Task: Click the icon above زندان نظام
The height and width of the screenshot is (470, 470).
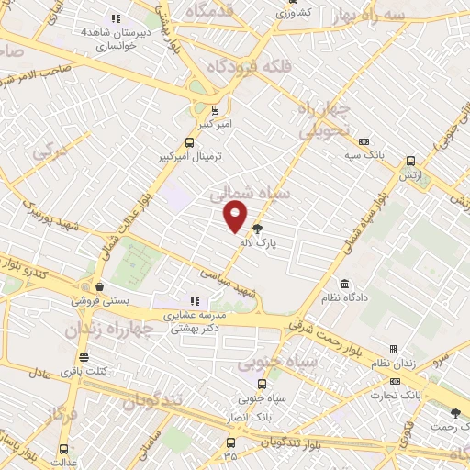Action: pos(394,350)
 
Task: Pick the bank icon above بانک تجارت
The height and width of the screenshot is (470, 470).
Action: pos(396,381)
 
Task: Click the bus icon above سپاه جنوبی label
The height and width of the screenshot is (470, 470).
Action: pos(263,385)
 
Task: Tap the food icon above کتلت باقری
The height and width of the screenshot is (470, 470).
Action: pos(84,357)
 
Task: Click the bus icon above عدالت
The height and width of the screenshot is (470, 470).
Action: pos(63,449)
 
